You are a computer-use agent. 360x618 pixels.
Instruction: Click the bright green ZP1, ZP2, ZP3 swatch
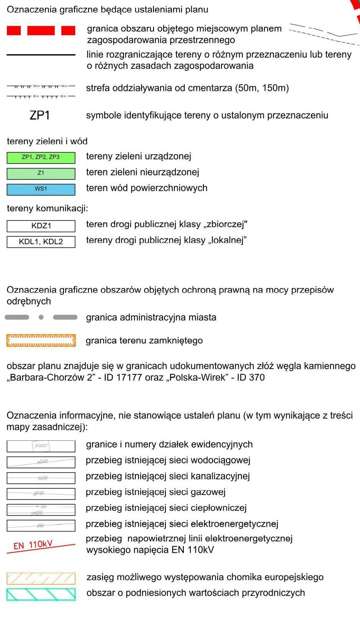41,157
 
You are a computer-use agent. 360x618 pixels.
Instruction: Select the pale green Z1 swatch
41,173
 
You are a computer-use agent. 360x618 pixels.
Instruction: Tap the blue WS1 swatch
41,189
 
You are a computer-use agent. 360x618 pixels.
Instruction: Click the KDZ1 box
41,226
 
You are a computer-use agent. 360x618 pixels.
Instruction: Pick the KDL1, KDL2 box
41,242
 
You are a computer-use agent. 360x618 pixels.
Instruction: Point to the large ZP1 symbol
40,115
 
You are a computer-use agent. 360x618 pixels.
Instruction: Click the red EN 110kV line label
33,545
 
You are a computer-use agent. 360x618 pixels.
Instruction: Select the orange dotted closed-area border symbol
41,341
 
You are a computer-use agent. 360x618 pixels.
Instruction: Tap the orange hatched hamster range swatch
41,578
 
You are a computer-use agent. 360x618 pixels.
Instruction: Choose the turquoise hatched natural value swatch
41,594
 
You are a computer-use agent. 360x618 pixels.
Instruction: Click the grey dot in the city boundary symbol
41,317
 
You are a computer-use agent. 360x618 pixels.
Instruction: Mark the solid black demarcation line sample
41,55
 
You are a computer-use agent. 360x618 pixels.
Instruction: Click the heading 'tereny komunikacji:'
47,208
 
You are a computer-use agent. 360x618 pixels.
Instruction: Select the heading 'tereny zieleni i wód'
47,141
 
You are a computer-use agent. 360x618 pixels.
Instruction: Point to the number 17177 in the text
129,377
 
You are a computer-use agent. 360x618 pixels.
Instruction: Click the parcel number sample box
41,446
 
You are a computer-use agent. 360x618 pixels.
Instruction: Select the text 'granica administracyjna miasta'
151,318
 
